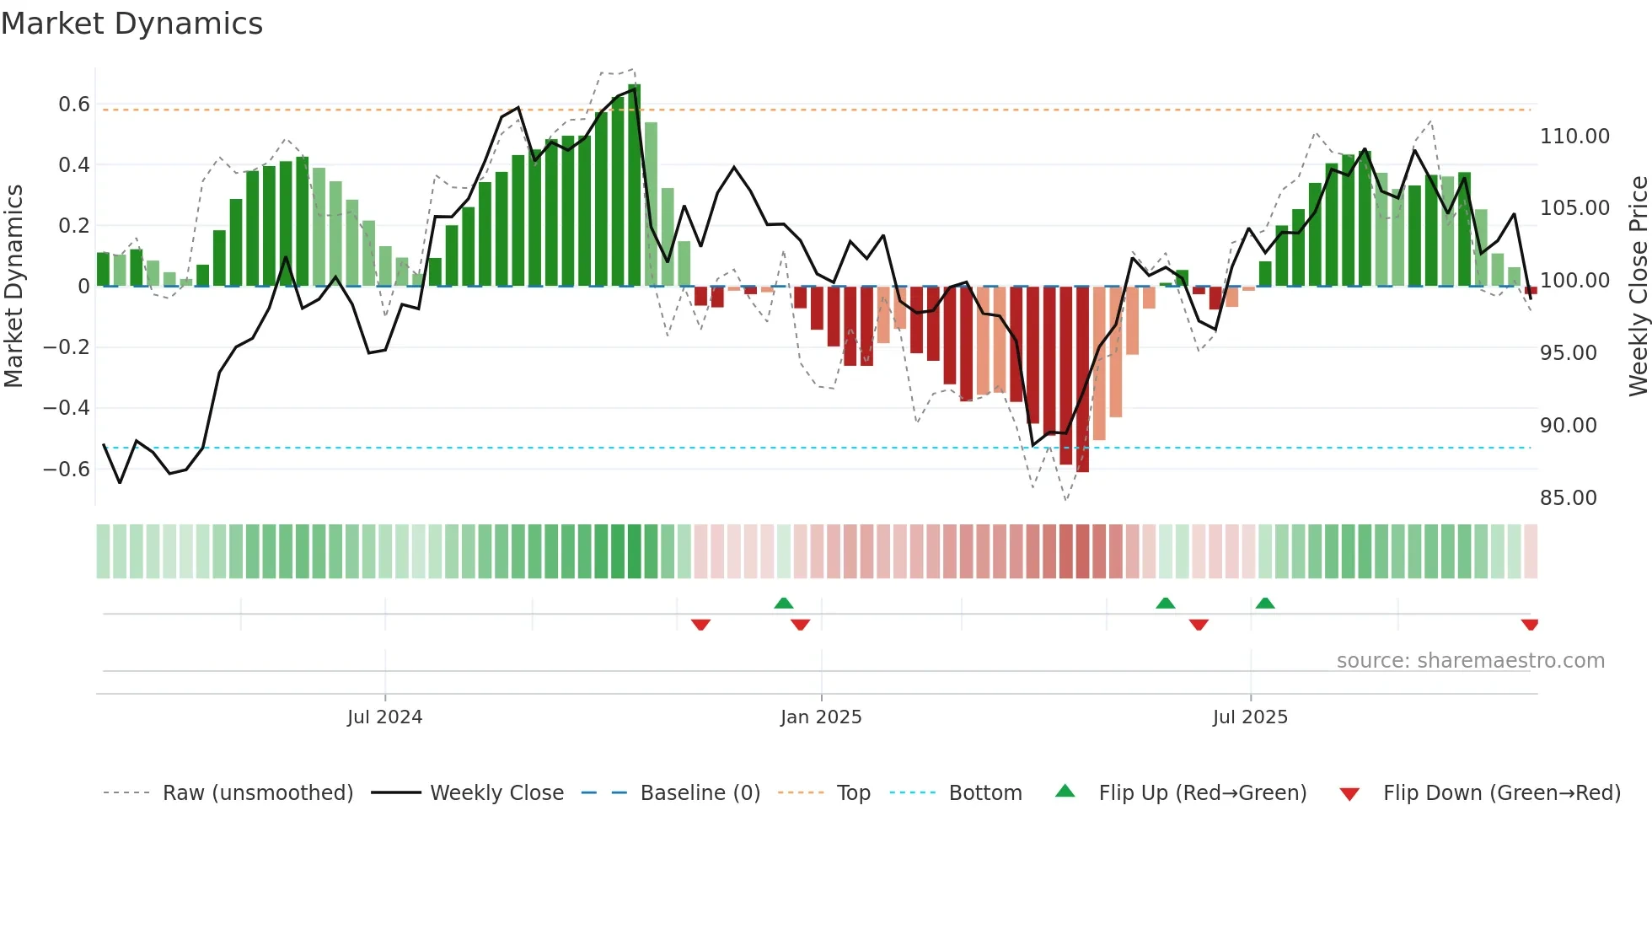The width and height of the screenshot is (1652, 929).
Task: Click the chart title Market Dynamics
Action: coord(131,24)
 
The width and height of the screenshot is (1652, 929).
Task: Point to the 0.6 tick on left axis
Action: coord(73,105)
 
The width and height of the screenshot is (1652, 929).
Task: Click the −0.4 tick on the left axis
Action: coord(67,408)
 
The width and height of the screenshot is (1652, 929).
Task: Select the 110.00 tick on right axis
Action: coord(1574,137)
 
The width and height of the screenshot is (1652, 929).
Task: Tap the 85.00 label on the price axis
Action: coord(1568,498)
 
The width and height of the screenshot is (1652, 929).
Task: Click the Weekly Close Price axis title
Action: coord(1638,287)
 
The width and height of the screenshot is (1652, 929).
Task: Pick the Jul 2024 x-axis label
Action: coord(384,717)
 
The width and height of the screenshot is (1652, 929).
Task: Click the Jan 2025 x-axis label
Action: coord(821,717)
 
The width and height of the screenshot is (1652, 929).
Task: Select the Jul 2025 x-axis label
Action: coord(1250,717)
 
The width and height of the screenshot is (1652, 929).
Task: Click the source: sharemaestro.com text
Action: coord(1470,661)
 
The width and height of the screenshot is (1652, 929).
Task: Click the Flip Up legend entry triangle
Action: coord(1065,792)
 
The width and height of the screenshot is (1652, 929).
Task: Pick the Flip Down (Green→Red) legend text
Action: coord(1501,793)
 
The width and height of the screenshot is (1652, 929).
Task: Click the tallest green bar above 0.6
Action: coord(635,185)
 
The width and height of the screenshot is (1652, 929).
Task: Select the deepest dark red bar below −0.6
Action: coord(1083,379)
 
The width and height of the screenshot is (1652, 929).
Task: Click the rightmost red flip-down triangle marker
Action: coord(1530,625)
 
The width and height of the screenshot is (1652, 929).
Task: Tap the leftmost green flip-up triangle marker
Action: coord(784,603)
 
